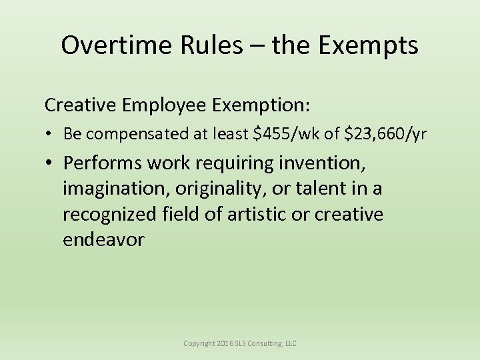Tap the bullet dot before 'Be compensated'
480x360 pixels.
50,135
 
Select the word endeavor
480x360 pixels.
103,240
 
